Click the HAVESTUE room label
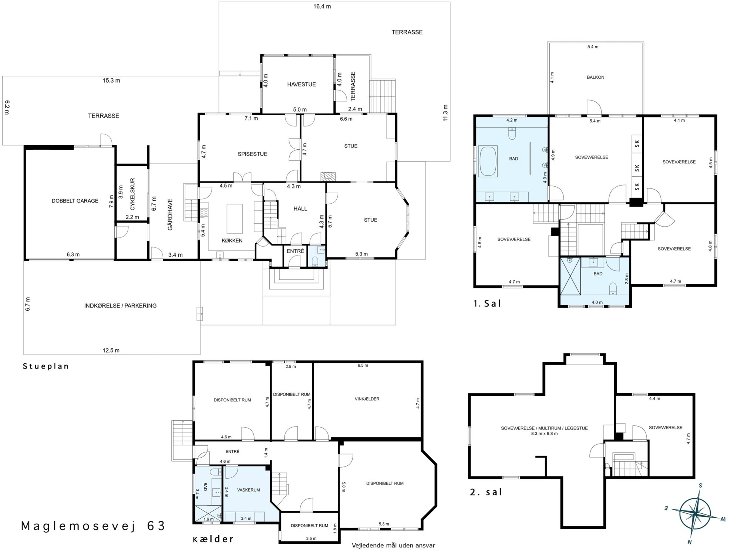coord(302,84)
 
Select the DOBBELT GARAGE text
coord(75,201)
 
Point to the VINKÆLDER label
coord(367,399)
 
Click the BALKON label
coord(596,77)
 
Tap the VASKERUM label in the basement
coord(249,490)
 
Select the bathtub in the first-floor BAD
coord(488,161)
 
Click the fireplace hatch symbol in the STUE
coord(327,176)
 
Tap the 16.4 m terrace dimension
coord(322,6)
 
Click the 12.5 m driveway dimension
coord(111,350)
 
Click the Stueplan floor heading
coord(46,366)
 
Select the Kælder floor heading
coord(213,539)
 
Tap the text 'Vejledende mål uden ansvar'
coord(393,545)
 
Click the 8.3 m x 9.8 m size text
coord(544,434)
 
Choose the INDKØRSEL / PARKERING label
coord(120,306)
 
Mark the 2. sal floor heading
coord(486,492)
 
